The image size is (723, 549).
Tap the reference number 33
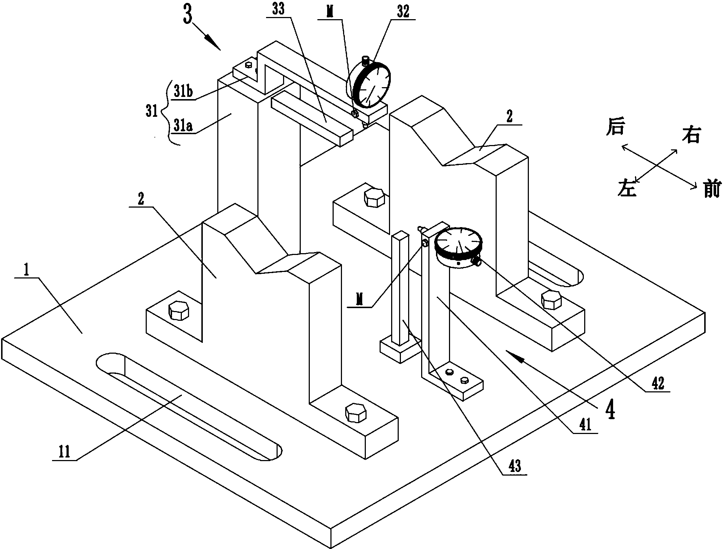pos(279,9)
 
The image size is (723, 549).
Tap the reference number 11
pos(64,452)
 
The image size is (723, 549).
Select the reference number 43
pos(514,466)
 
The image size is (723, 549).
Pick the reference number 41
pos(585,425)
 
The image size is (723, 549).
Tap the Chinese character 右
pos(691,136)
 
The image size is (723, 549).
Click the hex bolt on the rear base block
pos(375,197)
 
